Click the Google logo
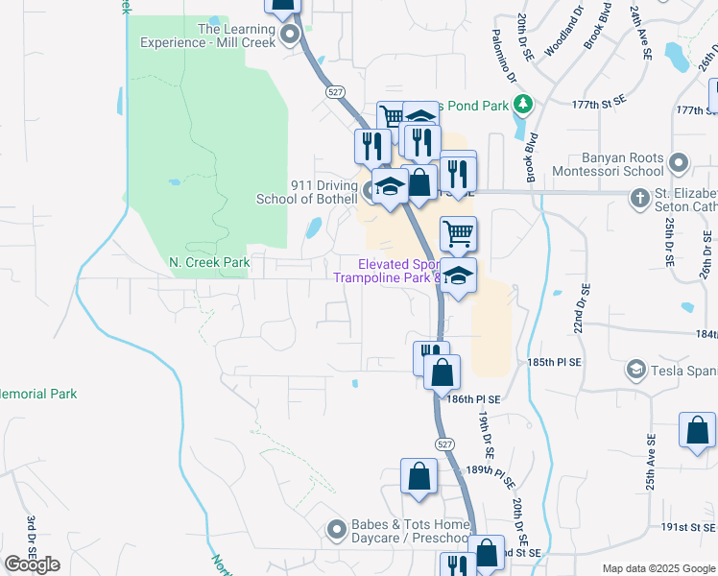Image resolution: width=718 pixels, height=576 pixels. point(32,564)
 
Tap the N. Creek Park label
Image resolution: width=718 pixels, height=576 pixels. point(209,262)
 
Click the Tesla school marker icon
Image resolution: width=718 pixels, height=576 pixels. point(635,370)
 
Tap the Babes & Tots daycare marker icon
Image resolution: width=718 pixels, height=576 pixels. point(336,529)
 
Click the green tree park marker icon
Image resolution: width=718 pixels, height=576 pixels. point(522,104)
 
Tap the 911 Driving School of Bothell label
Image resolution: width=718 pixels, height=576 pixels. point(306,192)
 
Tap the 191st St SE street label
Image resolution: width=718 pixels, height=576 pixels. point(688,527)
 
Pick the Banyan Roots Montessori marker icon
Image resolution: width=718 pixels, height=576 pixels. point(680,163)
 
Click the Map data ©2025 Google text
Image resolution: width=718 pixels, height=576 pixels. point(658,568)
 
